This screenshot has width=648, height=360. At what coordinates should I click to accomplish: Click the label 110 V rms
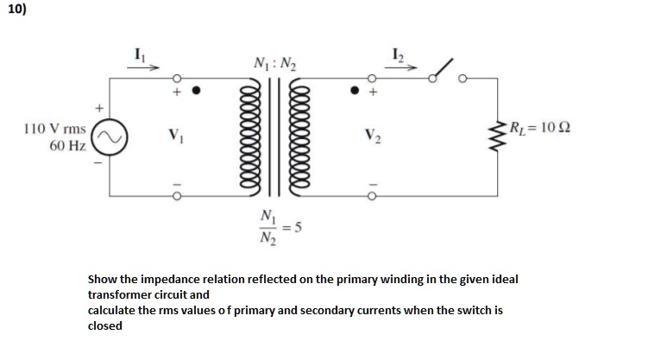[x=54, y=128]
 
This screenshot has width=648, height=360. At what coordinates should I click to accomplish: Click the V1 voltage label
[x=175, y=136]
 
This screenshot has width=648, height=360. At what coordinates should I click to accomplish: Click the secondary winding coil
[x=304, y=137]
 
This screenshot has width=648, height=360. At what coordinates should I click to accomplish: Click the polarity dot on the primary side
[x=196, y=89]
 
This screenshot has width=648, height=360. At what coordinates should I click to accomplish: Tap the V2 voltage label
[x=373, y=136]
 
